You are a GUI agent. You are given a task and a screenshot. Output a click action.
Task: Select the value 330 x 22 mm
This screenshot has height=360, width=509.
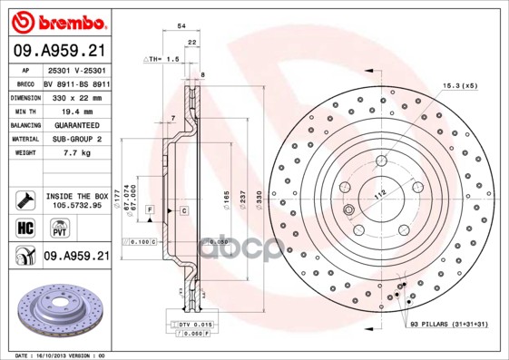click(x=70, y=95)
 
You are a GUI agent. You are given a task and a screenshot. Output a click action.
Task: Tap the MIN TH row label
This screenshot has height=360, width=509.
click(x=24, y=109)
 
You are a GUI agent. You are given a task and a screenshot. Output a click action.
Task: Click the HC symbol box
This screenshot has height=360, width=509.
click(x=25, y=228)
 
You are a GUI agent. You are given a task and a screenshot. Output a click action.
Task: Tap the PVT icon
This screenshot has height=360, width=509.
click(x=50, y=229)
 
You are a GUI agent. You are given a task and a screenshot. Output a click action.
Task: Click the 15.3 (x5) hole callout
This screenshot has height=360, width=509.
click(x=459, y=85)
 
